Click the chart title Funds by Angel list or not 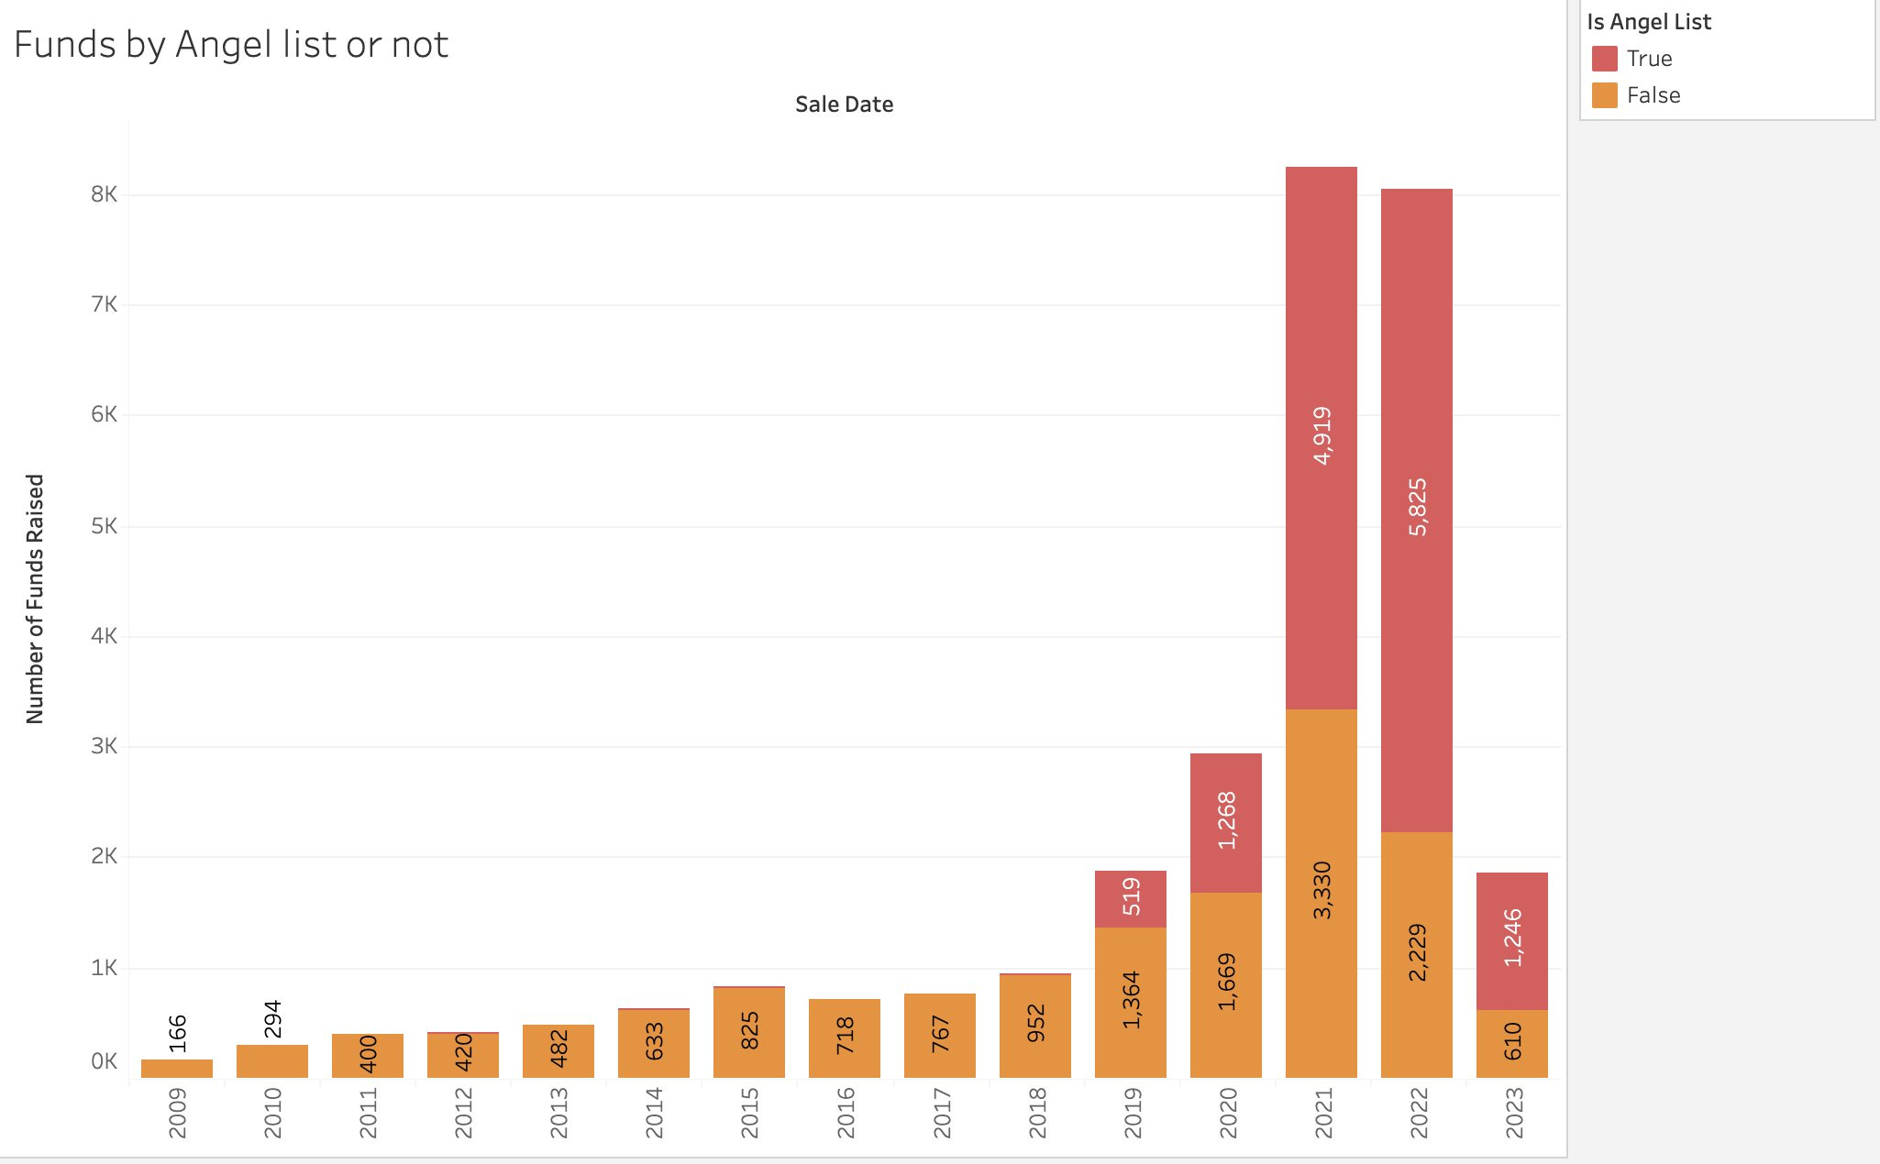231,45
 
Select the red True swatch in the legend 1604,59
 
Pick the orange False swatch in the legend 1604,95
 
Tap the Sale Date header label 844,104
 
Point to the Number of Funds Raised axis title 35,598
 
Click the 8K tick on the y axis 104,194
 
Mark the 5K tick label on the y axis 104,526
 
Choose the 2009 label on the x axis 177,1112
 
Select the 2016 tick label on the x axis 845,1112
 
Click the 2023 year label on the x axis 1513,1112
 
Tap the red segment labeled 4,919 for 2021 1322,437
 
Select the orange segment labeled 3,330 1322,892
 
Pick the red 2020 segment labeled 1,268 1226,822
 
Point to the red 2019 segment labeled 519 1131,898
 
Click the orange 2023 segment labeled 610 1512,1043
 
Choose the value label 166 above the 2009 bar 177,1034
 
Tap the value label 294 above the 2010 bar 272,1019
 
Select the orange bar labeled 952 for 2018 1035,1025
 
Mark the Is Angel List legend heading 1649,22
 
